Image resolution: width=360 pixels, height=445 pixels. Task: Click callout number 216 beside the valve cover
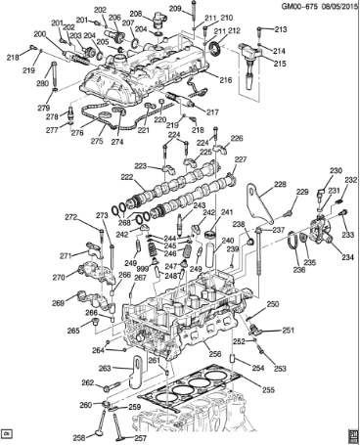coord(227,80)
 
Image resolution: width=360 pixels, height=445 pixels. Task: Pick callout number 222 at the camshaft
coord(126,177)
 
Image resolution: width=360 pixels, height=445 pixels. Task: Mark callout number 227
coord(241,159)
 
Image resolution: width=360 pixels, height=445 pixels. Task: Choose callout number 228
coord(280,184)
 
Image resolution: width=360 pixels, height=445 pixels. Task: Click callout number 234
coord(346,258)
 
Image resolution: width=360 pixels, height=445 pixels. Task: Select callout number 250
coord(273,304)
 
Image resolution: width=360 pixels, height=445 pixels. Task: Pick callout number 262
coord(86,382)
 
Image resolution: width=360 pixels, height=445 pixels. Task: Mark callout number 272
coord(70,216)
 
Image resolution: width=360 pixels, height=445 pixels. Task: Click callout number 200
coord(39,35)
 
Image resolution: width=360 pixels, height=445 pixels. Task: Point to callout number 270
coord(58,278)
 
